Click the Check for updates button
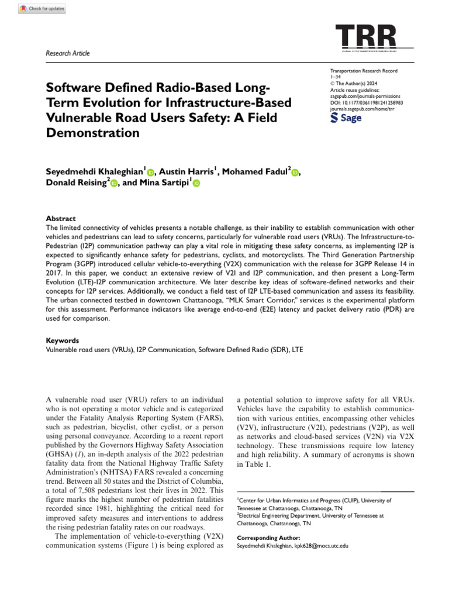[43, 9]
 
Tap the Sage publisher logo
[346, 118]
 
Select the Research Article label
[68, 53]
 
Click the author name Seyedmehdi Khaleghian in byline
[94, 171]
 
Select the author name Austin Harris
[186, 171]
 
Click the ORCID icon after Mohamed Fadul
[295, 172]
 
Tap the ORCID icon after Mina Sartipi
[196, 184]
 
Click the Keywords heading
[63, 340]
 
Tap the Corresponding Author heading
[268, 537]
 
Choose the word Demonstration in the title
[93, 132]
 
